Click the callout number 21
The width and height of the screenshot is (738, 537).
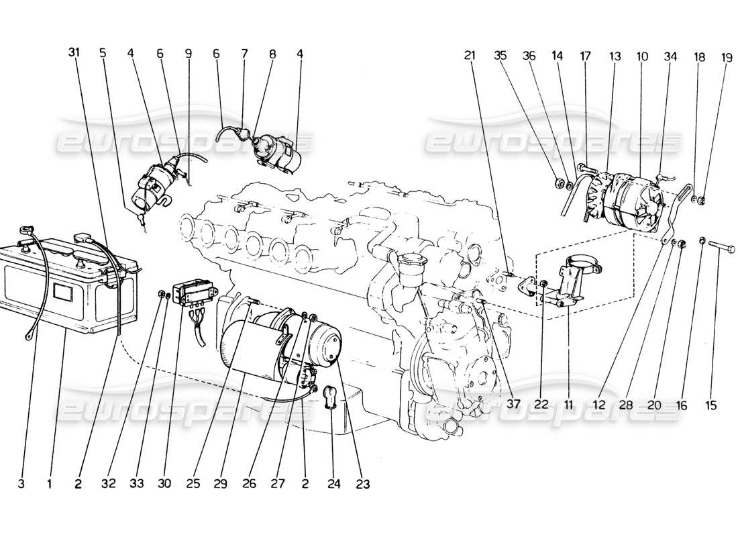pyautogui.click(x=469, y=57)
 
